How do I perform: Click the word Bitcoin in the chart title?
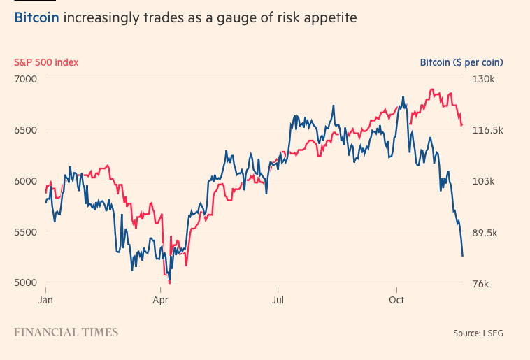pyautogui.click(x=36, y=17)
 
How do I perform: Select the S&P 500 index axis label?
pyautogui.click(x=46, y=62)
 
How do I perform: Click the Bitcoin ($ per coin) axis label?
pyautogui.click(x=461, y=62)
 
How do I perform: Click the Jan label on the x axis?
pyautogui.click(x=45, y=300)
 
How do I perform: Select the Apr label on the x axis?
pyautogui.click(x=161, y=300)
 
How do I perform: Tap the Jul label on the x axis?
pyautogui.click(x=278, y=300)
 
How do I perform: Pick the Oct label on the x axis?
pyautogui.click(x=396, y=300)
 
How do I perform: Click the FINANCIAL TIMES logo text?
pyautogui.click(x=66, y=332)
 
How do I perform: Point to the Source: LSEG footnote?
pyautogui.click(x=478, y=333)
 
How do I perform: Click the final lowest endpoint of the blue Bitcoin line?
pyautogui.click(x=462, y=256)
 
